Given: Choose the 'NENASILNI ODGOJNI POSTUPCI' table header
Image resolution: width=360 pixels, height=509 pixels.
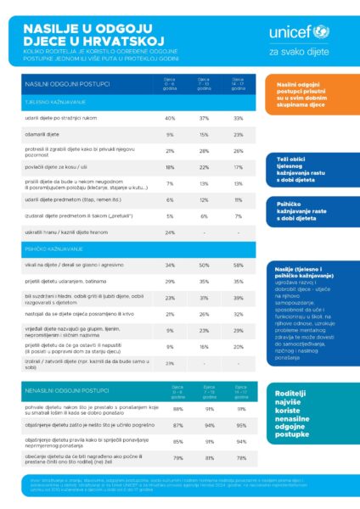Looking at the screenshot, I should (x=67, y=391).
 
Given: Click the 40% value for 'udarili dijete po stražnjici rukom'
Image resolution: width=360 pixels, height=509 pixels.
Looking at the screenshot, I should (x=170, y=118).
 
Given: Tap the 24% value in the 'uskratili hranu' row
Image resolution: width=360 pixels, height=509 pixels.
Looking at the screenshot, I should (x=170, y=232).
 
